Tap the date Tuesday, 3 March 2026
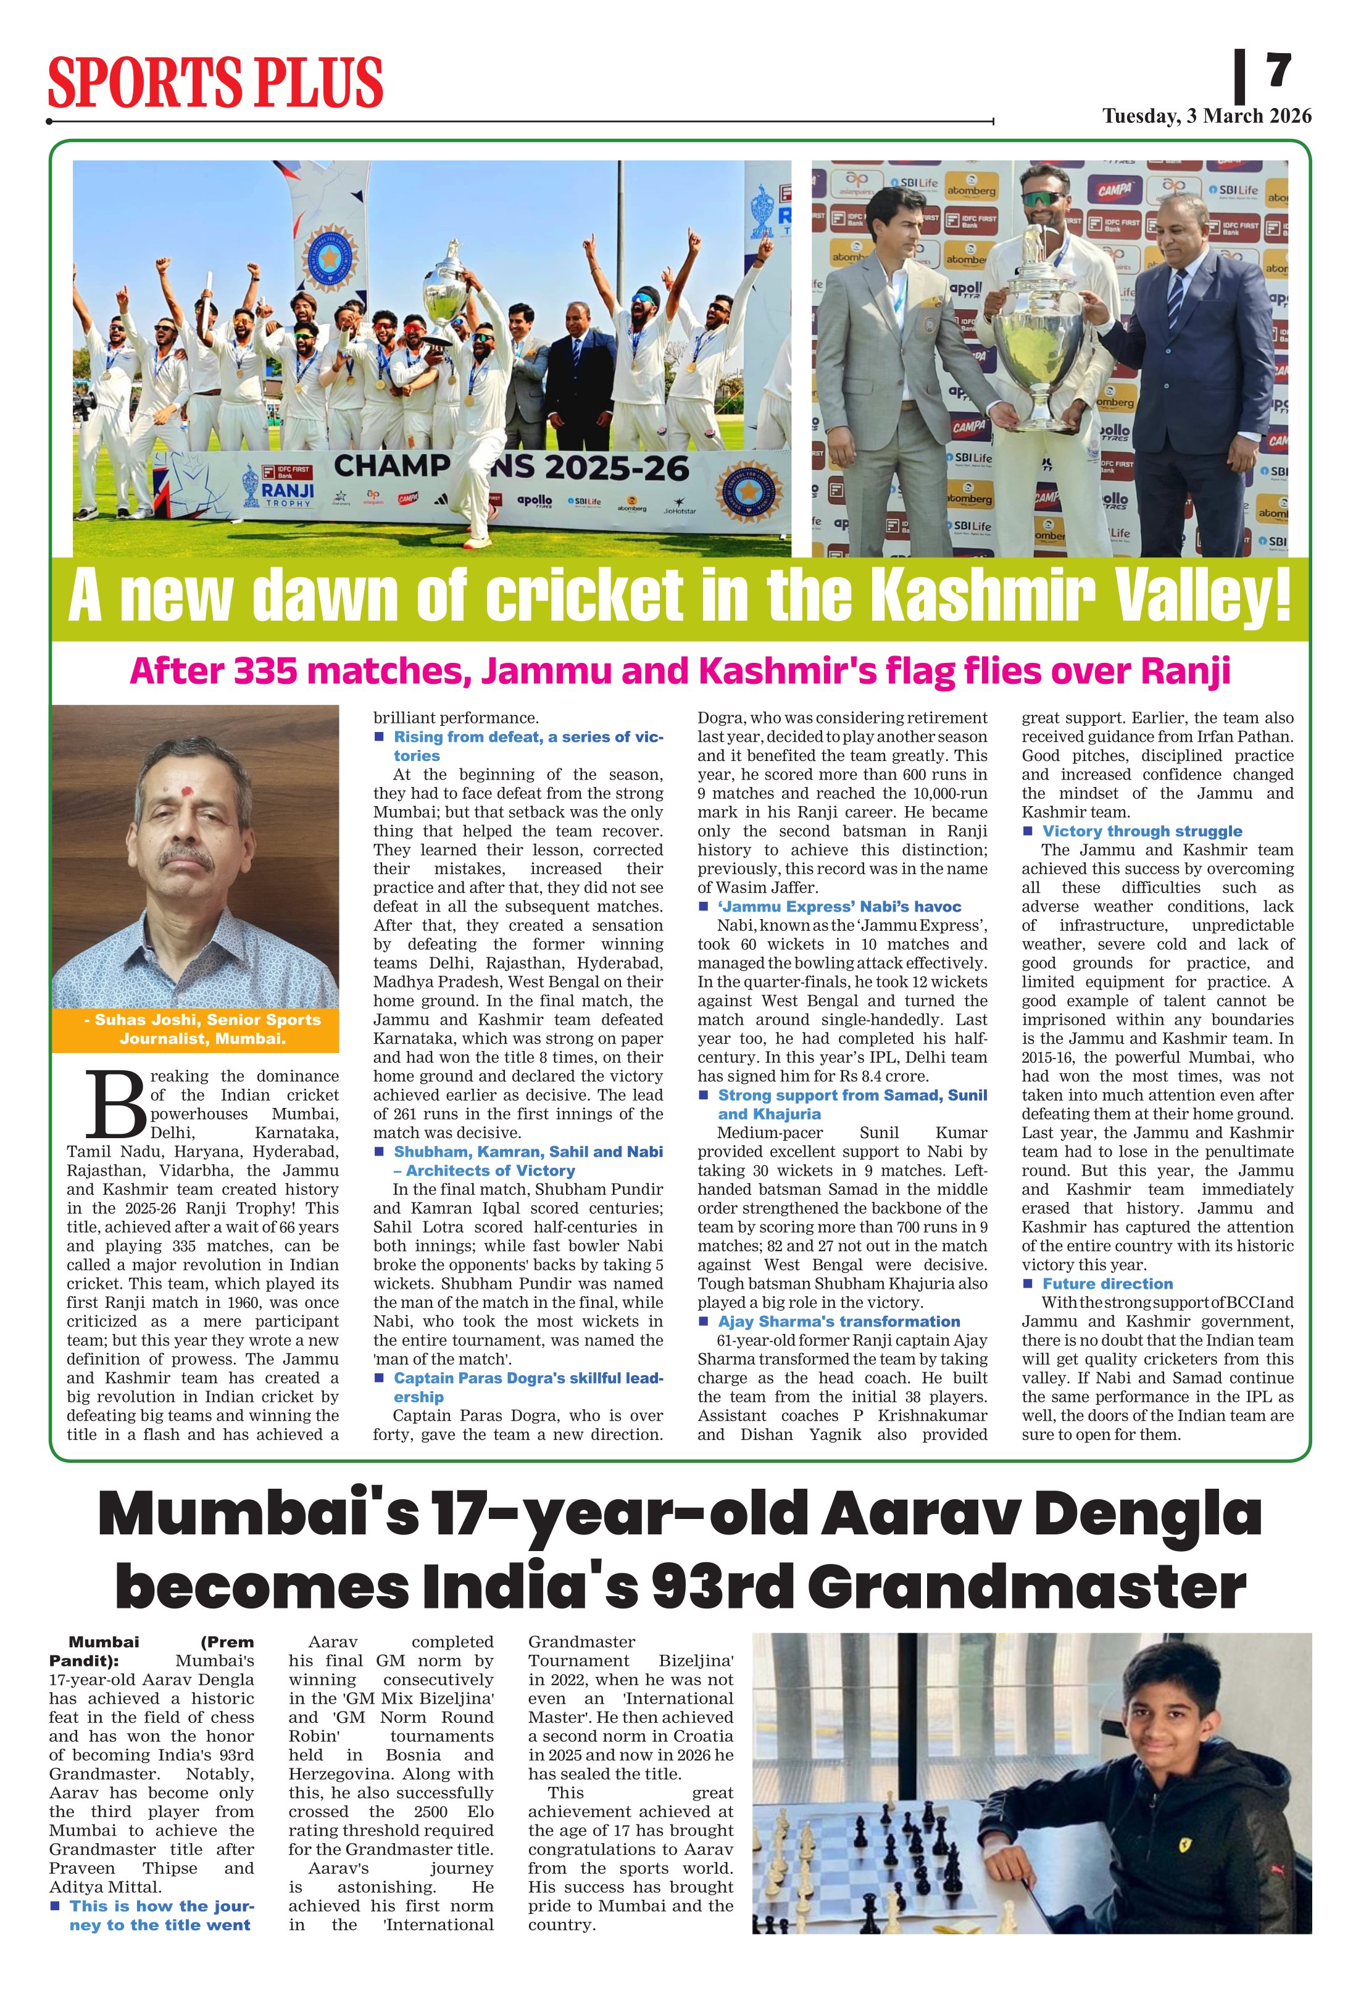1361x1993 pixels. pos(1207,117)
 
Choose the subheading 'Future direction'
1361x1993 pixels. pos(1107,1284)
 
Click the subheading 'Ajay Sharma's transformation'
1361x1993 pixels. pos(839,1321)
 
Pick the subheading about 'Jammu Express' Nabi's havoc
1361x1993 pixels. pos(839,907)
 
